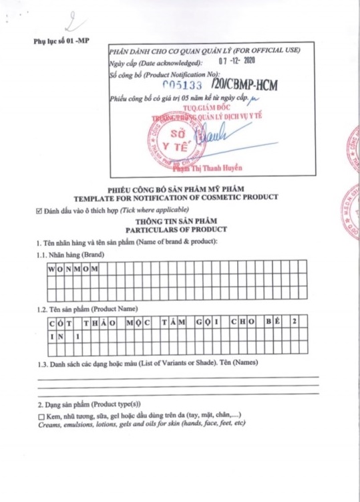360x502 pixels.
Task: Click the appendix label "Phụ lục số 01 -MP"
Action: coord(61,41)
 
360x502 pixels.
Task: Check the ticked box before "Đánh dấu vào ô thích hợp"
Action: coord(39,211)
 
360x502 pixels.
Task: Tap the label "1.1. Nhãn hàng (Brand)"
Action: coord(70,255)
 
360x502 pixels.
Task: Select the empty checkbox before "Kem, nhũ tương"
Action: coord(41,416)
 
